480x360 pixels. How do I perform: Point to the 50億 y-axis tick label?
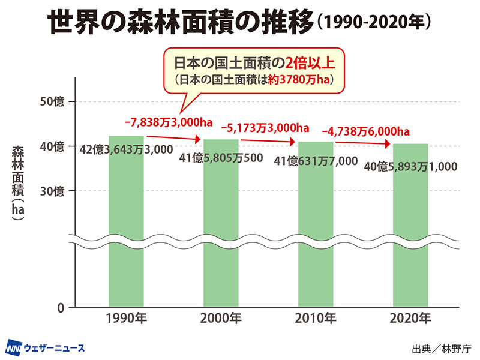click(x=52, y=101)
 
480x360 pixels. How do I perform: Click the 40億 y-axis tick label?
click(x=52, y=146)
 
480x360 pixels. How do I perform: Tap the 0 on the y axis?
click(x=61, y=308)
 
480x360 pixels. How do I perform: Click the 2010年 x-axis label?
click(x=316, y=318)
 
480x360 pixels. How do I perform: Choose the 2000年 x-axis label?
click(x=221, y=318)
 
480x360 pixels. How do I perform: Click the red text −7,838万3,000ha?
click(x=169, y=122)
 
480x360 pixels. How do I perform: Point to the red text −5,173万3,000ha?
click(x=265, y=127)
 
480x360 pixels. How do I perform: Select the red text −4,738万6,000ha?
click(x=365, y=131)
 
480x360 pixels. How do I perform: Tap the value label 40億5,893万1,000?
click(x=411, y=166)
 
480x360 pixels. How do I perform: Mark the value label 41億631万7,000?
click(x=316, y=161)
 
